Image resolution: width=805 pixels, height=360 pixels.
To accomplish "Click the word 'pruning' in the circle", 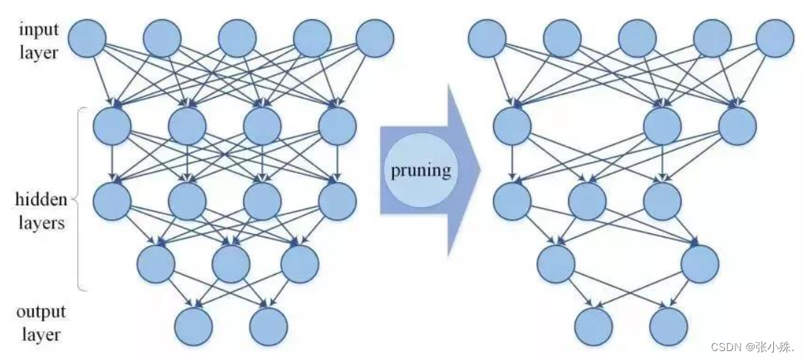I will [421, 170].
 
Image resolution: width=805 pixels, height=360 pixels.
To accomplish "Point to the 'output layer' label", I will [40, 322].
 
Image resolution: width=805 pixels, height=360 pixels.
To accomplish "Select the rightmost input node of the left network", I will [375, 37].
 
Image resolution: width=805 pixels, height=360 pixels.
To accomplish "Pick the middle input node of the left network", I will [237, 37].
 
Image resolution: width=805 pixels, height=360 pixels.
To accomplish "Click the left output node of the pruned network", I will [594, 325].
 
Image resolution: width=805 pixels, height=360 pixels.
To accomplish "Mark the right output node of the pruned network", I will [668, 325].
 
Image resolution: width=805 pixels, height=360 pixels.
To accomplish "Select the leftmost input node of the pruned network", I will [487, 37].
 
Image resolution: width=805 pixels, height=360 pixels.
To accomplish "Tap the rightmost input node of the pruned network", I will [775, 37].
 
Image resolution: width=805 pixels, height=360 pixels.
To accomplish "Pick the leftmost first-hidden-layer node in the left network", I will [112, 126].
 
